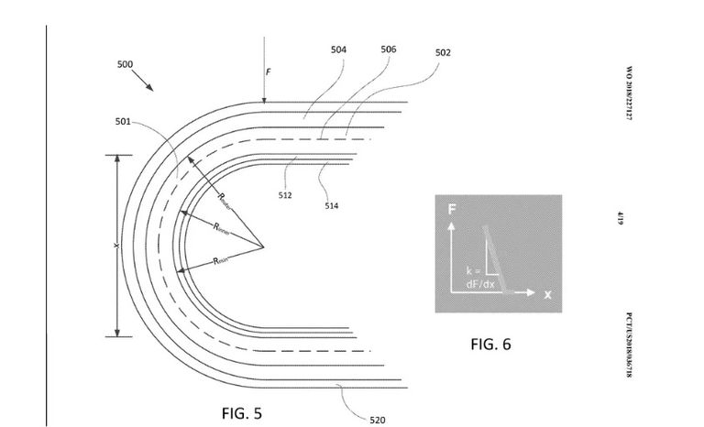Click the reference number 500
point(125,65)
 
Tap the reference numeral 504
point(338,49)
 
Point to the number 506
point(389,49)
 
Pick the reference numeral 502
point(443,53)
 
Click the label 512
point(285,194)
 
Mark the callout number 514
point(331,206)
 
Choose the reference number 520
point(377,421)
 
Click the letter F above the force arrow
point(269,71)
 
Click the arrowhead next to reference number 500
point(150,89)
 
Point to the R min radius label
point(221,261)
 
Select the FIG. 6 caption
point(490,345)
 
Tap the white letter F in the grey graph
point(451,210)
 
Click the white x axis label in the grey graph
point(547,294)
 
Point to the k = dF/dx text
point(479,278)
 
